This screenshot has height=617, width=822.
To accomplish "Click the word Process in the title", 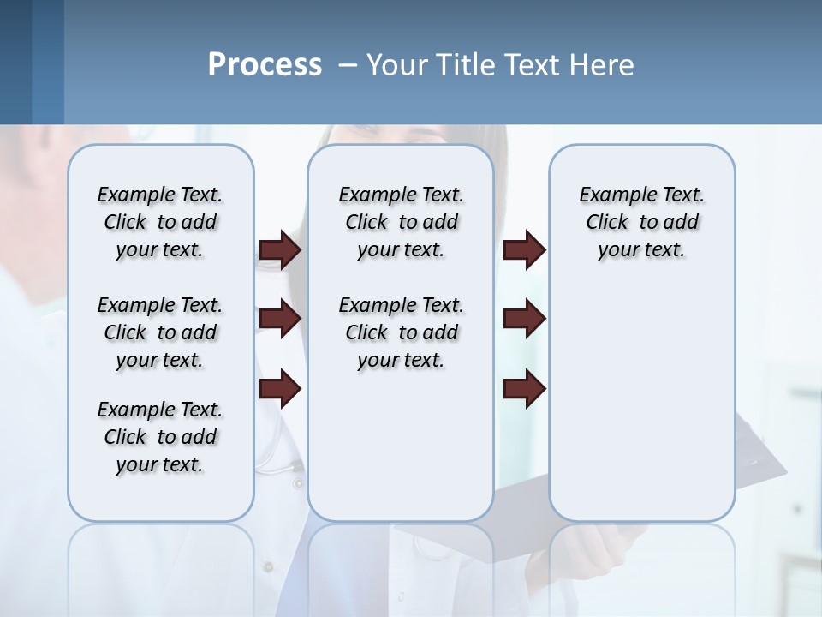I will (265, 64).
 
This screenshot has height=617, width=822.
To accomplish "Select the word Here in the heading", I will (603, 64).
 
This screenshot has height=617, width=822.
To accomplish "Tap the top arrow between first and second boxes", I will (280, 249).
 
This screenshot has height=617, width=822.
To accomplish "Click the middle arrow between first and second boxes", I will (280, 320).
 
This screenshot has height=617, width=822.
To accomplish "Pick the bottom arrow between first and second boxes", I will (280, 390).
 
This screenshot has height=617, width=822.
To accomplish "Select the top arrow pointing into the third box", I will (524, 249).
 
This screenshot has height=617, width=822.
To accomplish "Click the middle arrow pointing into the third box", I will (524, 320).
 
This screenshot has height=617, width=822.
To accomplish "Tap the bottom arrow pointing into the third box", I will (524, 390).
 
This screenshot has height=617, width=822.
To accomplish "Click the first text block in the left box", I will (160, 222).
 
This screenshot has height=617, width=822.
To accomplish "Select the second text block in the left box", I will (160, 332).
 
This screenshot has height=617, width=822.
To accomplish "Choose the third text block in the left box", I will (160, 437).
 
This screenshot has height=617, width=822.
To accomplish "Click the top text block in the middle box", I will (401, 222).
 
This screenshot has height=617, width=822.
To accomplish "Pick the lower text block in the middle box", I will (401, 332).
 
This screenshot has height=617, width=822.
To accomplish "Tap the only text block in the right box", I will (641, 222).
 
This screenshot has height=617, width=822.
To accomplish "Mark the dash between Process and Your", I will (347, 65).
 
